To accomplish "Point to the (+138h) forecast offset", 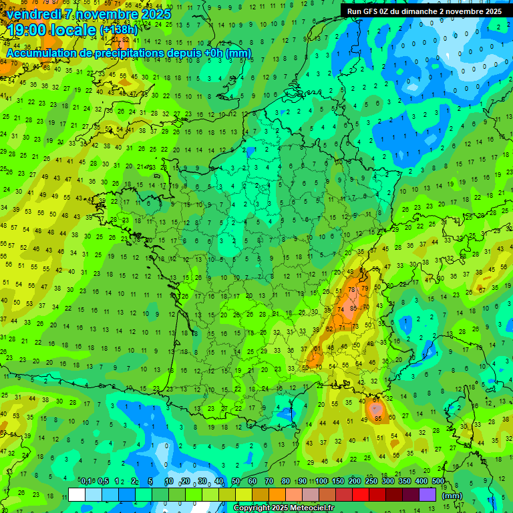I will (118, 30).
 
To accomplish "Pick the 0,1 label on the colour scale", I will (85, 481).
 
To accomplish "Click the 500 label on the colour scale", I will (438, 481).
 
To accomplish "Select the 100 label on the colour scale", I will (321, 481).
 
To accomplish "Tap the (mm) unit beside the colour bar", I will (452, 495).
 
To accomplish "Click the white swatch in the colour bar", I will (77, 494).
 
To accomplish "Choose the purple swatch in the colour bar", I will (427, 494).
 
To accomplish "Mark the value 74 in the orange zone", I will (342, 310).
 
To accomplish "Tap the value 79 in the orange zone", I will (364, 289).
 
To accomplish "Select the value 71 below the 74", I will (342, 328).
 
